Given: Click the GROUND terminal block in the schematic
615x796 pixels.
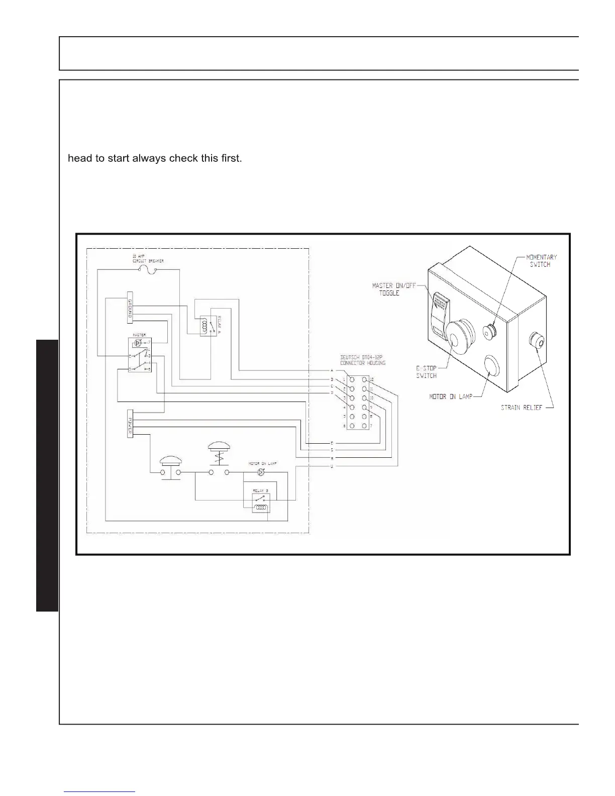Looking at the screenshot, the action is click(130, 307).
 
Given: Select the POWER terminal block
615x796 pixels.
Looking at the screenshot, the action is click(130, 424).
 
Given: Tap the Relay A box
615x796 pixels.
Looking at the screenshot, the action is click(209, 326).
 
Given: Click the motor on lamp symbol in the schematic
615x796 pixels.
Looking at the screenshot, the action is click(260, 472).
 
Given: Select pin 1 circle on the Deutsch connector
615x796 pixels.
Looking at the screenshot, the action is click(352, 379).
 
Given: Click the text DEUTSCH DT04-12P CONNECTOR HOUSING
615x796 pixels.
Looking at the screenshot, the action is click(363, 360).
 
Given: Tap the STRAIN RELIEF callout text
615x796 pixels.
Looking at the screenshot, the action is click(522, 408).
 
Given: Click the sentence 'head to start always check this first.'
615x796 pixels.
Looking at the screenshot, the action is click(155, 159).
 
